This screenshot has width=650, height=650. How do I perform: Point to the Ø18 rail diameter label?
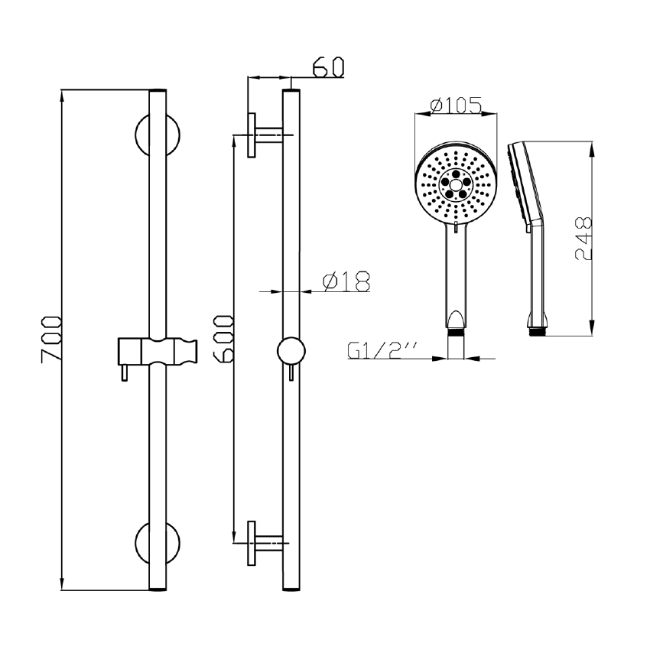tap(346, 282)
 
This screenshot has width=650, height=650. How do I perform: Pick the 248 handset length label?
tap(583, 239)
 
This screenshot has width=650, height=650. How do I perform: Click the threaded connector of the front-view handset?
tap(455, 333)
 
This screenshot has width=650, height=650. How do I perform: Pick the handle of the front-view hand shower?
tap(455, 275)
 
